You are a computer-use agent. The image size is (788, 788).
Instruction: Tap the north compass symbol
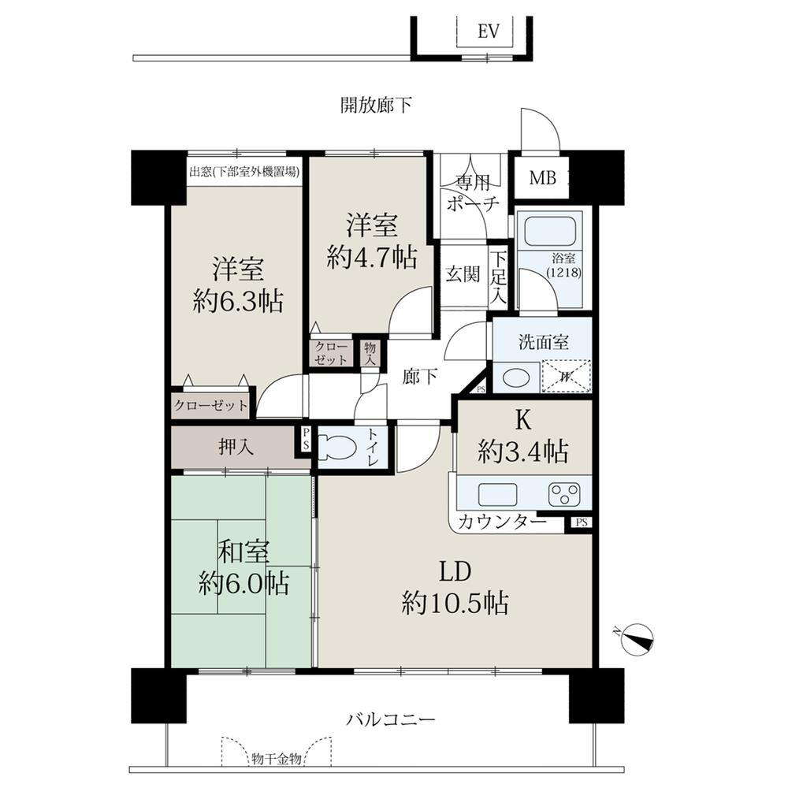click(x=637, y=637)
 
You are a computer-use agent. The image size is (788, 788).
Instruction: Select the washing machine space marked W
click(x=566, y=376)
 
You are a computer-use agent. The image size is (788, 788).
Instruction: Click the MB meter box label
click(x=541, y=177)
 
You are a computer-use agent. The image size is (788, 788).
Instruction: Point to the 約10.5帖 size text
click(x=455, y=604)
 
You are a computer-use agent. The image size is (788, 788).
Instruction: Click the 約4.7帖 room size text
click(x=371, y=258)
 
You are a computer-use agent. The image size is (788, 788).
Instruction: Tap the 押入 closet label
click(x=236, y=448)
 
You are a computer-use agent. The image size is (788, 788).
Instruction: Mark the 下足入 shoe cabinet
click(x=499, y=278)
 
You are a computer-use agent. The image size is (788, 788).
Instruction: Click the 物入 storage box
click(x=370, y=353)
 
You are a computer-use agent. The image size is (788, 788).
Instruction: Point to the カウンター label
click(x=502, y=522)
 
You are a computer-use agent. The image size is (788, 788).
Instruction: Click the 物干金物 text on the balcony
click(x=276, y=759)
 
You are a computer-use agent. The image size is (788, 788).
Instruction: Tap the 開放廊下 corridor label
click(x=376, y=105)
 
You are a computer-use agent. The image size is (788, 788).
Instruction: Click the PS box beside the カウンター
click(x=581, y=522)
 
